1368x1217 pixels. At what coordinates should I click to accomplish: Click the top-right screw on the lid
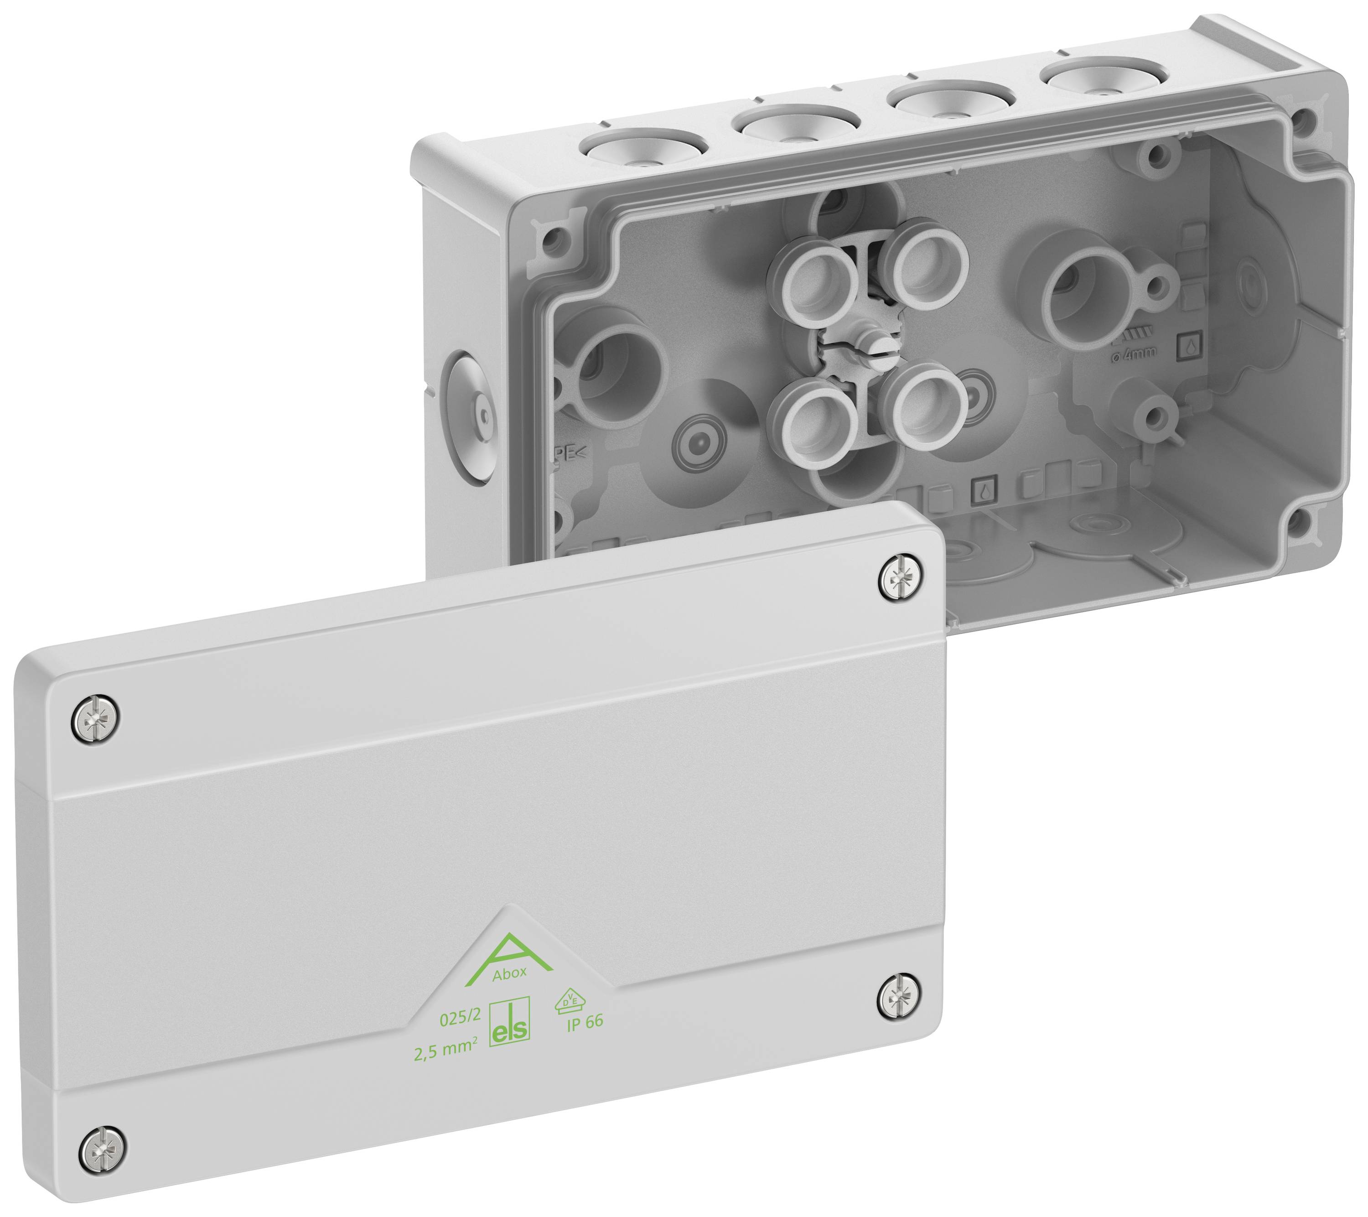[x=902, y=577]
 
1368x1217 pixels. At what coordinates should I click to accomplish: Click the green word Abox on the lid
[x=509, y=974]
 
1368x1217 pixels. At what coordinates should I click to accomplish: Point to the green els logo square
[x=509, y=1024]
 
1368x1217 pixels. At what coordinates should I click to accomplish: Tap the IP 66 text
[x=585, y=1023]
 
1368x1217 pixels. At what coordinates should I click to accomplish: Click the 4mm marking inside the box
[x=1134, y=353]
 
